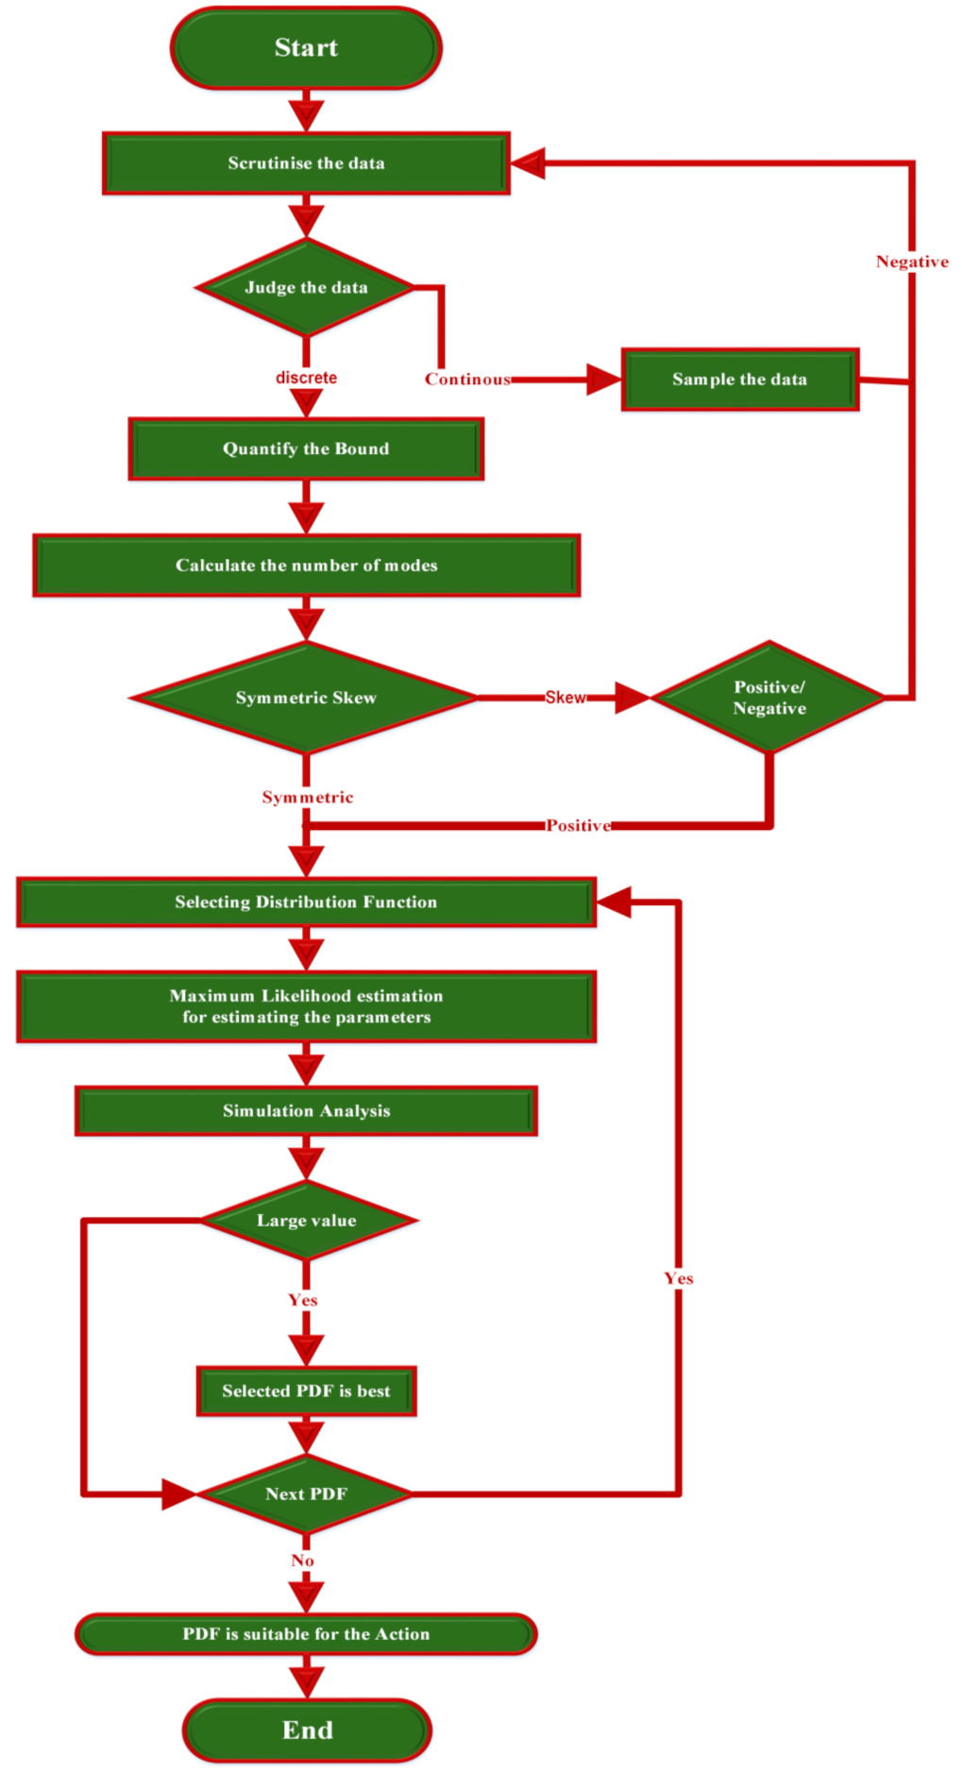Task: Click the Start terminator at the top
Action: click(x=305, y=48)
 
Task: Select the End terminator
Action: click(x=307, y=1730)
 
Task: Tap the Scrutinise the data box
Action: click(x=306, y=163)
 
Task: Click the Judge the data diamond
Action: click(x=306, y=287)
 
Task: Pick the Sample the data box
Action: click(x=739, y=379)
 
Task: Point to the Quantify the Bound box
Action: click(x=306, y=448)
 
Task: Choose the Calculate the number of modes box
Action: click(x=306, y=565)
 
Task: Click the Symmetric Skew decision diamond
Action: click(x=306, y=698)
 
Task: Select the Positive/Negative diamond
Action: click(x=769, y=698)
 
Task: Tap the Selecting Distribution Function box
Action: click(x=306, y=902)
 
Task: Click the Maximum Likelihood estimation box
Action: click(x=306, y=1006)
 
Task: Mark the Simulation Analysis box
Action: click(x=306, y=1110)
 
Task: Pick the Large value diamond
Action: click(x=306, y=1220)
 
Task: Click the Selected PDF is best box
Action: click(x=306, y=1391)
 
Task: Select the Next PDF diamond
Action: click(x=306, y=1494)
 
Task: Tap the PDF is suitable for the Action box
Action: click(x=306, y=1633)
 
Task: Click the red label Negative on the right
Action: click(x=912, y=262)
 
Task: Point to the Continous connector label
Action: click(x=467, y=379)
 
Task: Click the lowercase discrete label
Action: click(x=306, y=378)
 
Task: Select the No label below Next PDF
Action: click(x=302, y=1561)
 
